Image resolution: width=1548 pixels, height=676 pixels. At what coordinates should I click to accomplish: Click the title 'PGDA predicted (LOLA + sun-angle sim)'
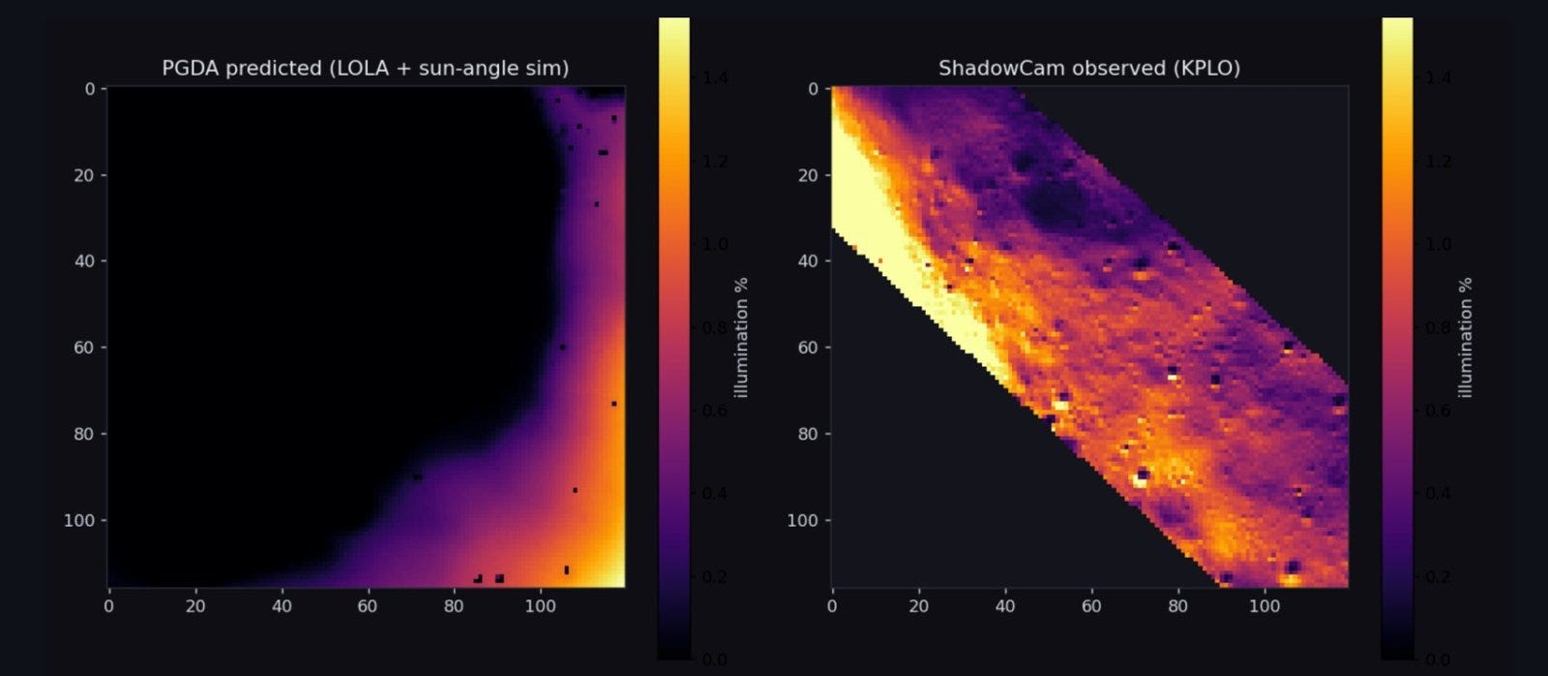tap(366, 69)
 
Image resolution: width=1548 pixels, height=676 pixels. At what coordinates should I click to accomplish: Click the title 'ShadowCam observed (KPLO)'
tap(1089, 69)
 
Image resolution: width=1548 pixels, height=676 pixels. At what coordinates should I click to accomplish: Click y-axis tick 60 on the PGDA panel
tap(83, 348)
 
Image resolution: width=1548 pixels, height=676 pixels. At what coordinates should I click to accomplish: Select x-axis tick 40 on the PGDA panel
tap(282, 606)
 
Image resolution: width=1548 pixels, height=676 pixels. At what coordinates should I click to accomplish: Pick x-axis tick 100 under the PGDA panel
tap(541, 606)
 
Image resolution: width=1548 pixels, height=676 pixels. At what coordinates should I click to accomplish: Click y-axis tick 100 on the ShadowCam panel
tap(802, 520)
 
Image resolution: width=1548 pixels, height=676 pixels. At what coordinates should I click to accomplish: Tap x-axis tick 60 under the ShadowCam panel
tap(1091, 606)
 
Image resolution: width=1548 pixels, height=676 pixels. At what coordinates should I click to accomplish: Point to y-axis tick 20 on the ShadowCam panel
tap(807, 175)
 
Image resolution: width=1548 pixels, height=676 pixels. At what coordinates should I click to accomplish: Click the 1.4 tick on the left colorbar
tap(715, 77)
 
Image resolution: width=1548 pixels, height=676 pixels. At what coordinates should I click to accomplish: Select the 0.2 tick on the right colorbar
tap(1438, 576)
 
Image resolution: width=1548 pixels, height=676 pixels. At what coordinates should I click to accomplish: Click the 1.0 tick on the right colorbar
tap(1438, 244)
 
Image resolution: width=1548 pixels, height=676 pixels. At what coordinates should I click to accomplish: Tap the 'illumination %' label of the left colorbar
tap(741, 338)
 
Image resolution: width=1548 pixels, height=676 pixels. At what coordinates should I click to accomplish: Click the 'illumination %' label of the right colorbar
tap(1465, 338)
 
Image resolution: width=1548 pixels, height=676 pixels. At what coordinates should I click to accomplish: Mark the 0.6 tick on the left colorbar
tap(715, 411)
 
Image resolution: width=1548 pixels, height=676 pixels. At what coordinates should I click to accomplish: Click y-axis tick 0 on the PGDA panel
tap(89, 88)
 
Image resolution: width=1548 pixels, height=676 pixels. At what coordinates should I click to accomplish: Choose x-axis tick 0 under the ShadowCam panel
tap(832, 606)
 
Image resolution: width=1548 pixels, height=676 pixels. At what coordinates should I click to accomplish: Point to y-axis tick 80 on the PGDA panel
tap(83, 434)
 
